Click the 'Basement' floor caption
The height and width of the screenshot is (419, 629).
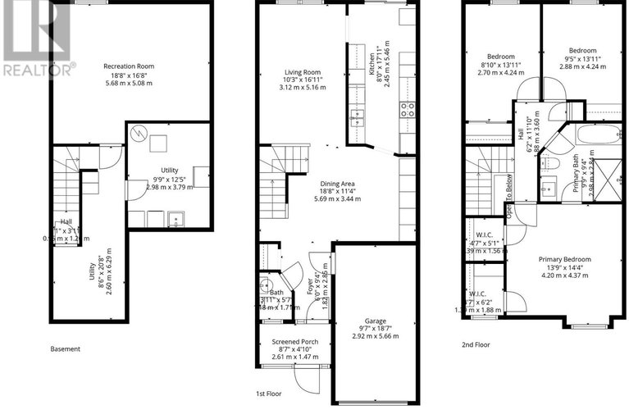(x=66, y=348)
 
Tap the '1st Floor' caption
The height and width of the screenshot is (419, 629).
(x=268, y=394)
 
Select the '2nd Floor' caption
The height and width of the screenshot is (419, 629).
(x=476, y=344)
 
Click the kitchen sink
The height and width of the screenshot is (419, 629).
(x=357, y=115)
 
